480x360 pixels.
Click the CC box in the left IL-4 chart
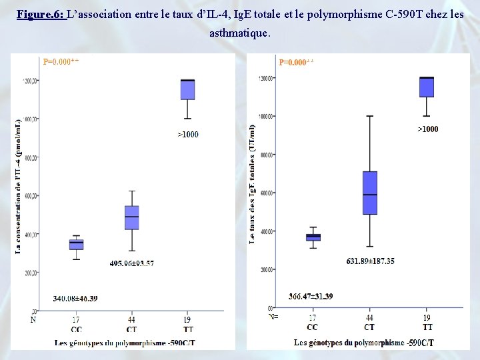(77, 245)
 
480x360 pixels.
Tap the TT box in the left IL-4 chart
(188, 90)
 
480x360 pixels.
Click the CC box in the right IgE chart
(313, 237)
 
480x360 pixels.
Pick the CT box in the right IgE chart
(370, 193)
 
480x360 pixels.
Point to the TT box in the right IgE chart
(426, 87)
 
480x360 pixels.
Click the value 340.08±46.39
(75, 298)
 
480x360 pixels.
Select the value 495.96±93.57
(132, 263)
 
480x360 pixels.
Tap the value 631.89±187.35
(370, 261)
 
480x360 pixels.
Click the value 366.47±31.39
(311, 296)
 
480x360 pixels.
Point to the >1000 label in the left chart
(188, 135)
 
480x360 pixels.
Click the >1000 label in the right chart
(428, 129)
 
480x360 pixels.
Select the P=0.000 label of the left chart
(61, 62)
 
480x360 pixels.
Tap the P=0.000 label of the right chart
(296, 62)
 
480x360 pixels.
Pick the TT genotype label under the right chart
(427, 327)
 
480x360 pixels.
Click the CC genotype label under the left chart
(77, 329)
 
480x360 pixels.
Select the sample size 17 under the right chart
(313, 317)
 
